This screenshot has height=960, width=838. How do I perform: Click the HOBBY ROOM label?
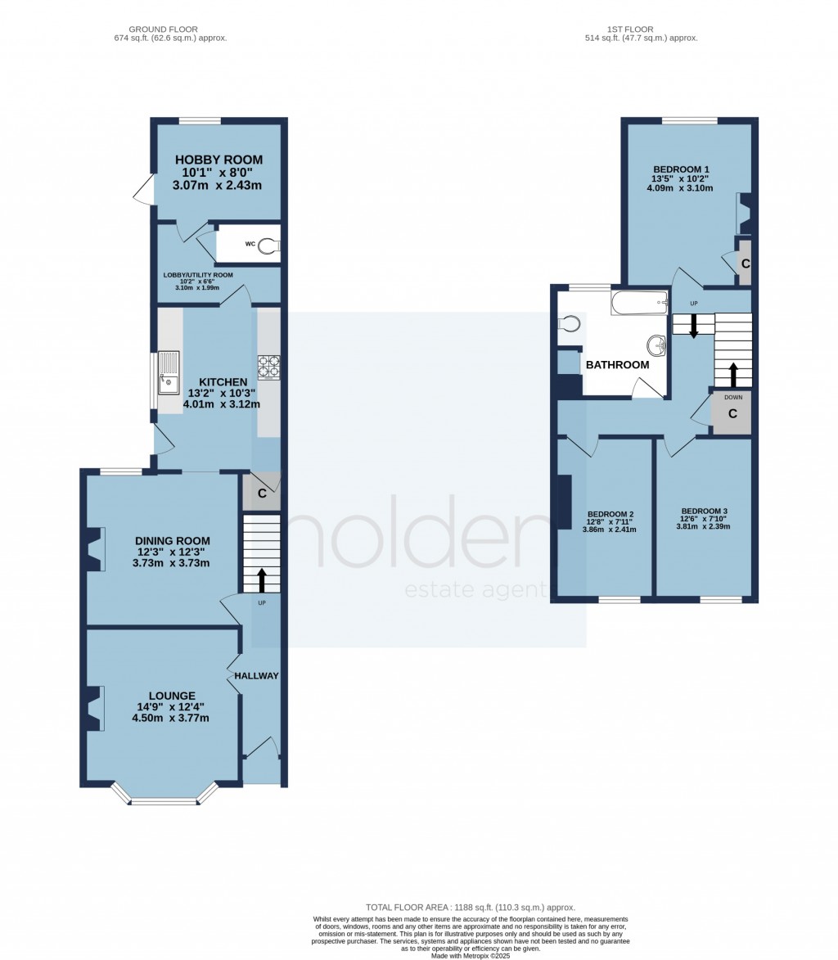pos(219,160)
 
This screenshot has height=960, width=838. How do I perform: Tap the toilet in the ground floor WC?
pos(268,246)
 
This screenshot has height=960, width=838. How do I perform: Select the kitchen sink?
pos(169,373)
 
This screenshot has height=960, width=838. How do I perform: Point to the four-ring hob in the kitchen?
pos(268,367)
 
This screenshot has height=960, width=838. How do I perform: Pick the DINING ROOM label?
pos(173,541)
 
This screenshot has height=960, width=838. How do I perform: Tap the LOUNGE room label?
pos(172,696)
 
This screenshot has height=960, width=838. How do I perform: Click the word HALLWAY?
pos(256,676)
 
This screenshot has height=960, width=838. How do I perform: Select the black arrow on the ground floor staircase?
pos(262,580)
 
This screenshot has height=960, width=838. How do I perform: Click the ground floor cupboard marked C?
pos(262,492)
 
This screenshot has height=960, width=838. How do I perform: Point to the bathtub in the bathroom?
pos(639,303)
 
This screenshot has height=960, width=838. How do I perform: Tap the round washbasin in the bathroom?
pos(657,346)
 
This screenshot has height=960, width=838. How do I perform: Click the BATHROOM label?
pos(618,365)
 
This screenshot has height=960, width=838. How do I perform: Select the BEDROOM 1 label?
pos(682,169)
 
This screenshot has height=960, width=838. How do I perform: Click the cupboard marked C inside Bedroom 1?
pos(745,264)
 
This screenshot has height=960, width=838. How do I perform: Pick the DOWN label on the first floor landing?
pos(733,398)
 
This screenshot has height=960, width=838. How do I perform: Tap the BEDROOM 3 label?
pos(705,512)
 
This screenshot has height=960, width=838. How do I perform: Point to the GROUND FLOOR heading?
pos(164,29)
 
